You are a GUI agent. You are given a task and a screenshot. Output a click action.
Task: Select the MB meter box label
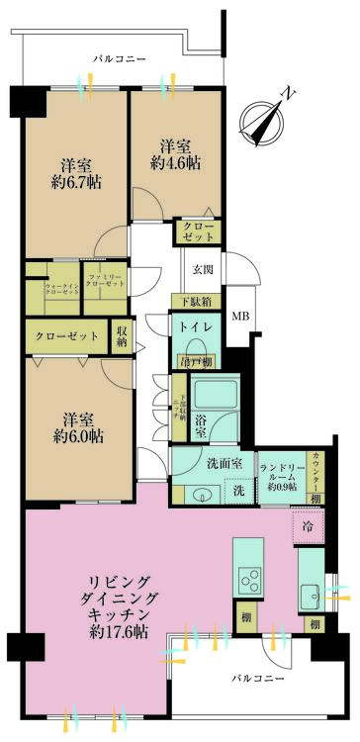(x=240, y=317)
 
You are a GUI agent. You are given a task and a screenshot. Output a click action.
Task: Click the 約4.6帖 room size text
(x=171, y=164)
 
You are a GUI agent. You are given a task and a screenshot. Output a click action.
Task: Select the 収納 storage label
(x=122, y=336)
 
